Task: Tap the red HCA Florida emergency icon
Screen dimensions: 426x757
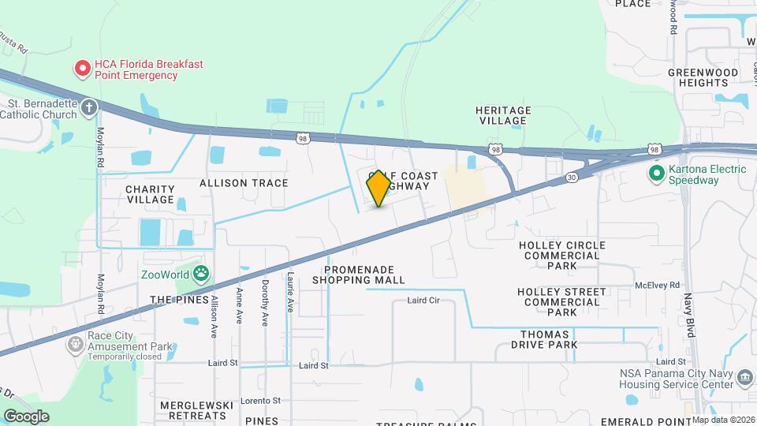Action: pyautogui.click(x=82, y=69)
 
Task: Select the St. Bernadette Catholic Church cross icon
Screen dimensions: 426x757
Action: pyautogui.click(x=90, y=107)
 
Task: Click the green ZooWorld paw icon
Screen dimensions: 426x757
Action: pyautogui.click(x=203, y=275)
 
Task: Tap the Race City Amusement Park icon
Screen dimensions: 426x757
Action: pyautogui.click(x=76, y=343)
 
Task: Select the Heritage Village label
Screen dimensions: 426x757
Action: pyautogui.click(x=503, y=115)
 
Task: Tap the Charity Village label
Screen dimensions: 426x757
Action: pyautogui.click(x=149, y=194)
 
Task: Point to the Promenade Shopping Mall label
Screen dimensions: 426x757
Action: pyautogui.click(x=358, y=275)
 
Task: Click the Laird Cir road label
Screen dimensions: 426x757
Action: pyautogui.click(x=423, y=301)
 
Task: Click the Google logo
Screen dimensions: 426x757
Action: pyautogui.click(x=26, y=417)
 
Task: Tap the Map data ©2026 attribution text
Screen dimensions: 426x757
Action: pyautogui.click(x=723, y=419)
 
